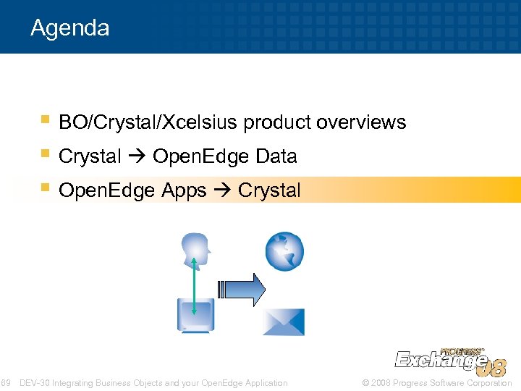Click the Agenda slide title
click(70, 28)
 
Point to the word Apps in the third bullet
click(183, 190)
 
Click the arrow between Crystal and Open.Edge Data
click(137, 156)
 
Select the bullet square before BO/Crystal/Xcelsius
click(45, 119)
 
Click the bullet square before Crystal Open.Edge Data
click(45, 154)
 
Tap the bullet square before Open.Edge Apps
click(45, 188)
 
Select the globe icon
click(284, 252)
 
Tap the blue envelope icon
click(283, 321)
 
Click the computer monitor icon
click(194, 316)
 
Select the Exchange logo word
click(439, 360)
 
